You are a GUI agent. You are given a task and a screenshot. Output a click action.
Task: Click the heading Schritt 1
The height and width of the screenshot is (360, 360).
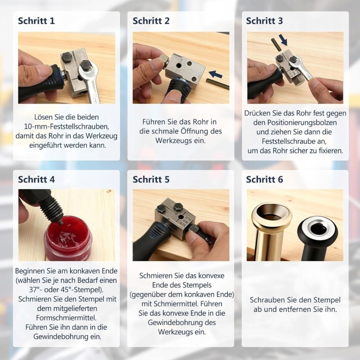[36, 20]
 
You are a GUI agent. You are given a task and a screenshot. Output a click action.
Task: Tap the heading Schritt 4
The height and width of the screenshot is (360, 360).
[36, 179]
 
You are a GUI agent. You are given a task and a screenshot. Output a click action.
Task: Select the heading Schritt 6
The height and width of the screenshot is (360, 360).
[264, 179]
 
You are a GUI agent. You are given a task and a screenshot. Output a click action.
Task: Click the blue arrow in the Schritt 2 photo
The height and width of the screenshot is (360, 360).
[215, 74]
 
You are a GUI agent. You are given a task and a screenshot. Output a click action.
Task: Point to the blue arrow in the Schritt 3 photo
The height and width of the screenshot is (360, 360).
[283, 39]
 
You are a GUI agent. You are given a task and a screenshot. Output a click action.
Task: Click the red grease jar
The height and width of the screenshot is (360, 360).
[68, 238]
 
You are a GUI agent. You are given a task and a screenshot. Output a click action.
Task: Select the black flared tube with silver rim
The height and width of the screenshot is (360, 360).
[317, 239]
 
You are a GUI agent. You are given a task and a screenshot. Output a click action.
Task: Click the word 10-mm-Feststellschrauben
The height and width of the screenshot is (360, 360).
[66, 126]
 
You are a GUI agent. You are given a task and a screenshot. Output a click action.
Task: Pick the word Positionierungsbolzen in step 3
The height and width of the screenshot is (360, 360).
[295, 122]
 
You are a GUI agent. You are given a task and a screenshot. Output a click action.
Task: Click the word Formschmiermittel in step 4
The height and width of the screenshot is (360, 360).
[65, 318]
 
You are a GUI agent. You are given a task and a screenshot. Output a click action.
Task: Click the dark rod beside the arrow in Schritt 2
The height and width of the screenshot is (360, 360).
[217, 83]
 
